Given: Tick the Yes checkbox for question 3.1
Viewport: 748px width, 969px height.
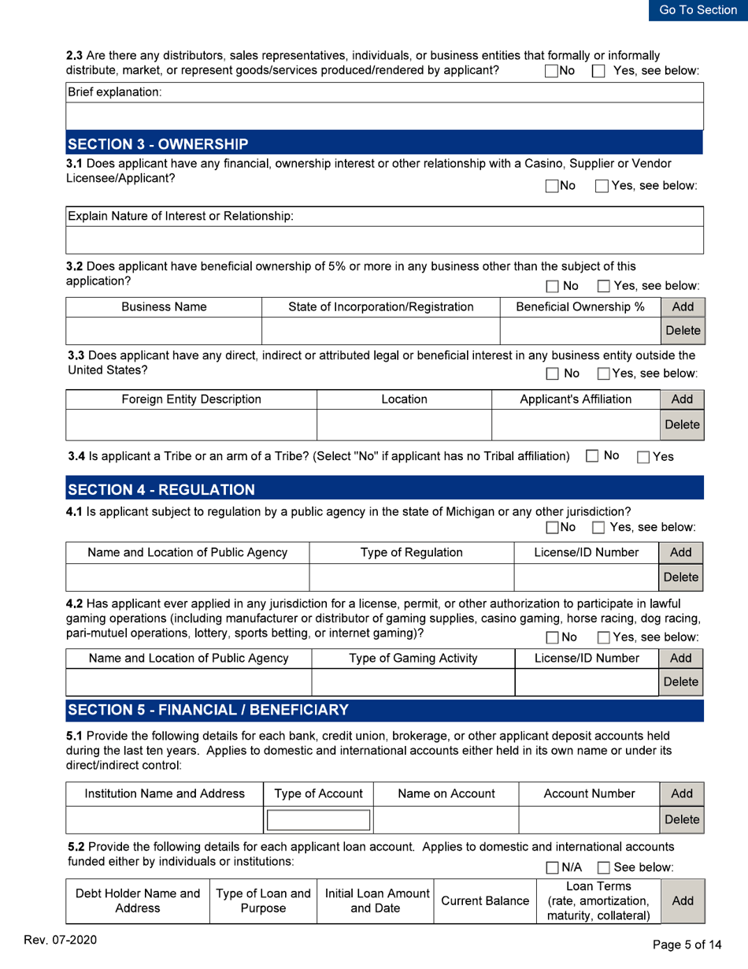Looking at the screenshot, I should pos(602,186).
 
